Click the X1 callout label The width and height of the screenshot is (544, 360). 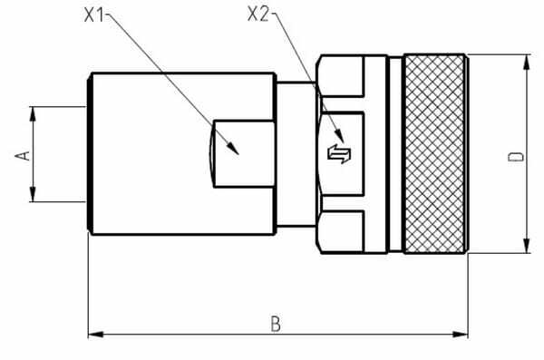pyautogui.click(x=94, y=15)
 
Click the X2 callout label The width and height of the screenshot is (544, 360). pyautogui.click(x=258, y=15)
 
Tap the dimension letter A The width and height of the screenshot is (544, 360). pyautogui.click(x=23, y=156)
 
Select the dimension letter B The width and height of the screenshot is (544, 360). pyautogui.click(x=276, y=324)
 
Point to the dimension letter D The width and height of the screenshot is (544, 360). pyautogui.click(x=516, y=157)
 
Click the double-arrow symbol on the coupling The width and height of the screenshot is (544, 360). pyautogui.click(x=339, y=154)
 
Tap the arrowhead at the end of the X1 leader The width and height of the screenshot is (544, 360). pyautogui.click(x=233, y=149)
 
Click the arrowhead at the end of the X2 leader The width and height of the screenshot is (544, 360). pyautogui.click(x=339, y=135)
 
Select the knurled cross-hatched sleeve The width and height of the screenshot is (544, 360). pyautogui.click(x=434, y=154)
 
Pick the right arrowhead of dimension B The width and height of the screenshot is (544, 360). pyautogui.click(x=460, y=335)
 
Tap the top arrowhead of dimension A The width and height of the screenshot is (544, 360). pyautogui.click(x=33, y=114)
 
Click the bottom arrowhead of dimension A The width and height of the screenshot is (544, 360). pyautogui.click(x=33, y=194)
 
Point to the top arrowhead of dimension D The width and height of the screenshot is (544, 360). pyautogui.click(x=527, y=63)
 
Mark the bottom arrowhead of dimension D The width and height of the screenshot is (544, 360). pyautogui.click(x=527, y=246)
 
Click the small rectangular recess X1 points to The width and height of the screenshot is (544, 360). pyautogui.click(x=244, y=154)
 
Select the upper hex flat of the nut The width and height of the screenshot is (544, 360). pyautogui.click(x=342, y=75)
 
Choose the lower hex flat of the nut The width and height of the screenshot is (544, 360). pyautogui.click(x=342, y=231)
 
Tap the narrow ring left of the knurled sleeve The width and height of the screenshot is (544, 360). pyautogui.click(x=395, y=154)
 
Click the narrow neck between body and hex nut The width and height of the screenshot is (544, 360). pyautogui.click(x=296, y=154)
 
